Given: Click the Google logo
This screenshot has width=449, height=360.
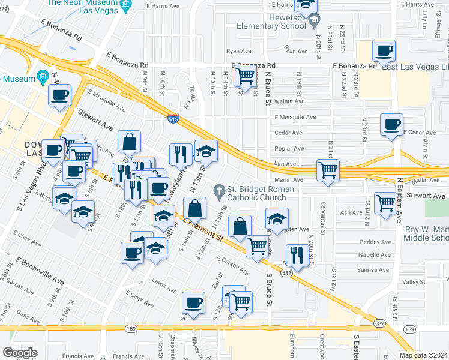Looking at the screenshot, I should click(19, 353).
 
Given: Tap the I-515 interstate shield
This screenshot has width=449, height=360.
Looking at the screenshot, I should click(173, 120).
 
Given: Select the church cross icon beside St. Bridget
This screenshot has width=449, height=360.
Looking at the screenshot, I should click(220, 192).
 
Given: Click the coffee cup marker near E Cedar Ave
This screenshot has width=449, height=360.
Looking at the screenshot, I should click(391, 124).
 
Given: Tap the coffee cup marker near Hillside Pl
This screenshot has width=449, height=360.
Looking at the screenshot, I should click(193, 303).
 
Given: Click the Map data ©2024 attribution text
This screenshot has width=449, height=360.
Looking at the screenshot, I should click(423, 355).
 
